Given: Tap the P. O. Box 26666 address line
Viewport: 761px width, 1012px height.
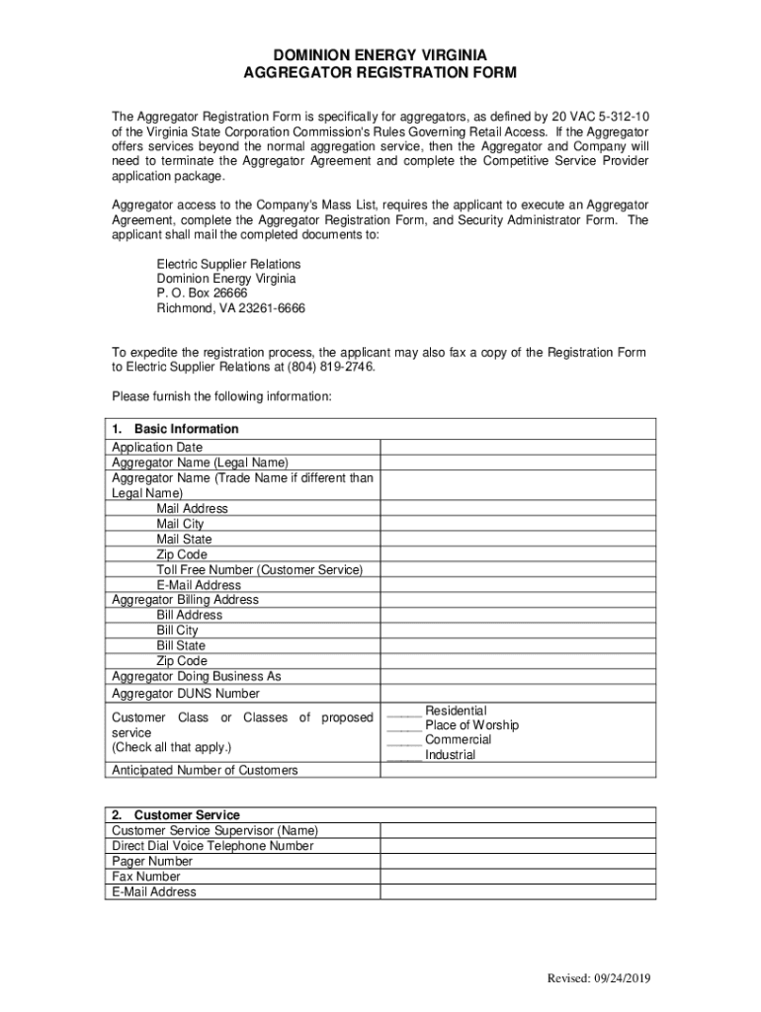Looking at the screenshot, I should point(202,294).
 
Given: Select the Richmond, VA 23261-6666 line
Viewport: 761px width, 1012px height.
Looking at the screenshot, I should point(231,308).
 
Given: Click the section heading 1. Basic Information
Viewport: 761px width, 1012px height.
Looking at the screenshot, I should point(176,429).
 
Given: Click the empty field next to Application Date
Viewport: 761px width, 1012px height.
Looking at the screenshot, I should point(518,448).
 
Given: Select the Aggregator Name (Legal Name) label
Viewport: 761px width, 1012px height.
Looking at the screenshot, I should point(200,463).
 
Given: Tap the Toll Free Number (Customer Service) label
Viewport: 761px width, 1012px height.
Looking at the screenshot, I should point(260,570).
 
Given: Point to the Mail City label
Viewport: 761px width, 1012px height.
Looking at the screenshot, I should point(180,524).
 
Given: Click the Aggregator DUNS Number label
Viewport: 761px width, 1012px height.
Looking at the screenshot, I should point(186,694).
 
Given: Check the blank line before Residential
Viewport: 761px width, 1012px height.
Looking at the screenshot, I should point(404,712).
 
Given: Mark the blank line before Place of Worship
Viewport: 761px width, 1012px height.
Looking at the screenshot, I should point(404,726).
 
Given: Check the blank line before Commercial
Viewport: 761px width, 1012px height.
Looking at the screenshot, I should point(404,741).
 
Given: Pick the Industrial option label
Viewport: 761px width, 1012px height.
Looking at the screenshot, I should point(450,755).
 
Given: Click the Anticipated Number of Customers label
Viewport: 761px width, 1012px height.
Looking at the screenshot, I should point(205,770).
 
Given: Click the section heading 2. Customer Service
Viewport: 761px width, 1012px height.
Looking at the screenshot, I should point(176,815).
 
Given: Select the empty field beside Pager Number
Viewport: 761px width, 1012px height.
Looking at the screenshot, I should point(518,862).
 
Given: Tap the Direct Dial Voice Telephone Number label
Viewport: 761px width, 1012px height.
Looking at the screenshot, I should point(212,846).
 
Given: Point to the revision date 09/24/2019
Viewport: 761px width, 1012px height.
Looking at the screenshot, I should point(620,979).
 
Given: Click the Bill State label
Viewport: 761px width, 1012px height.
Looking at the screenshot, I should point(181,645).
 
